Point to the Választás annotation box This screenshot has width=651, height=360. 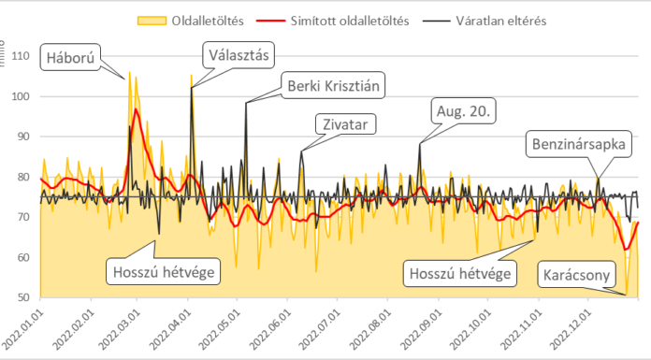[239, 55]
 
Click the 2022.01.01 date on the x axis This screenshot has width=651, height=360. [26, 327]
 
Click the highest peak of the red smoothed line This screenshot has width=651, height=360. [137, 109]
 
